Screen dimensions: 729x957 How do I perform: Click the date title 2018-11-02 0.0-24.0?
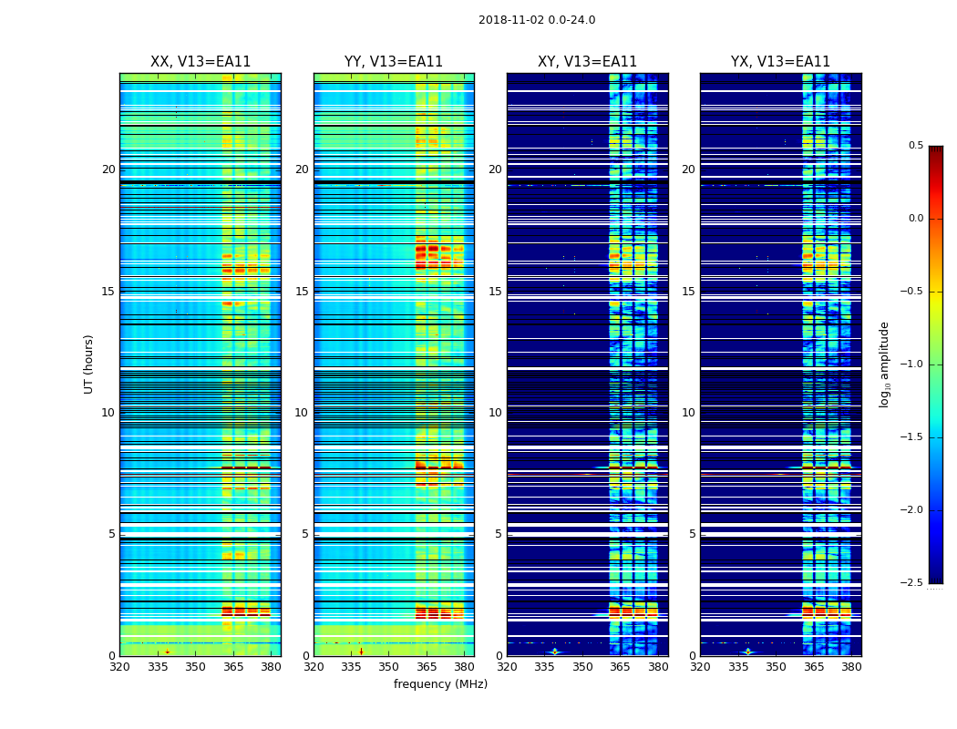point(537,20)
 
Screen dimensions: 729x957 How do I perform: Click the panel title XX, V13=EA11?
point(201,62)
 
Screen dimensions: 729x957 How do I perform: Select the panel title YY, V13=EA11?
point(394,62)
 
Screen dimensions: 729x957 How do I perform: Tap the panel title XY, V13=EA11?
point(587,62)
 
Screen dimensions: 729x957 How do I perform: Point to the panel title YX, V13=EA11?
point(780,62)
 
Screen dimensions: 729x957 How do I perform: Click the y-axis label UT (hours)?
point(89,364)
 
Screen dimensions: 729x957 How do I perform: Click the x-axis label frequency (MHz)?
point(440,684)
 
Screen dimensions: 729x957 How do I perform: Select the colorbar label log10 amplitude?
point(884,364)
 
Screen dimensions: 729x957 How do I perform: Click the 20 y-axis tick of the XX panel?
point(108,169)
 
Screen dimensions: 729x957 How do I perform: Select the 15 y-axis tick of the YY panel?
point(302,292)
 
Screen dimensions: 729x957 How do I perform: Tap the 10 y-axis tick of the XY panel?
point(495,413)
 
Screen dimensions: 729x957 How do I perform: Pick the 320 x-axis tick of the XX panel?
point(119,666)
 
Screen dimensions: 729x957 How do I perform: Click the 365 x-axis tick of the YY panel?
point(427,666)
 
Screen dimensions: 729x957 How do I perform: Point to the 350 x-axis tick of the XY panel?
point(582,666)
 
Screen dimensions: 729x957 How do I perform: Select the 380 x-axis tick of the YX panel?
point(851,666)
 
